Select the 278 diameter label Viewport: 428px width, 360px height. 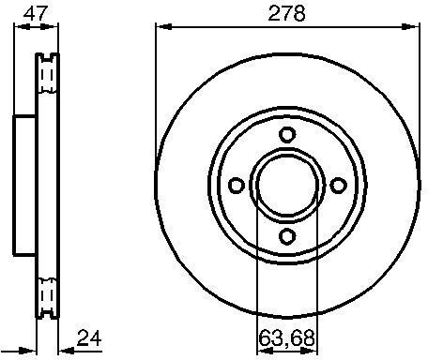click(x=287, y=13)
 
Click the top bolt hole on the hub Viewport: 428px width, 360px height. click(x=287, y=133)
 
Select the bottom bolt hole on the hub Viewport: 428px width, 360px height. click(x=287, y=234)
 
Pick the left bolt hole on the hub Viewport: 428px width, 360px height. click(x=237, y=184)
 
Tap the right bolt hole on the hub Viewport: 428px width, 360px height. click(x=338, y=184)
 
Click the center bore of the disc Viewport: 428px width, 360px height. click(x=287, y=184)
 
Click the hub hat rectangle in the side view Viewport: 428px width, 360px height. click(x=24, y=184)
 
